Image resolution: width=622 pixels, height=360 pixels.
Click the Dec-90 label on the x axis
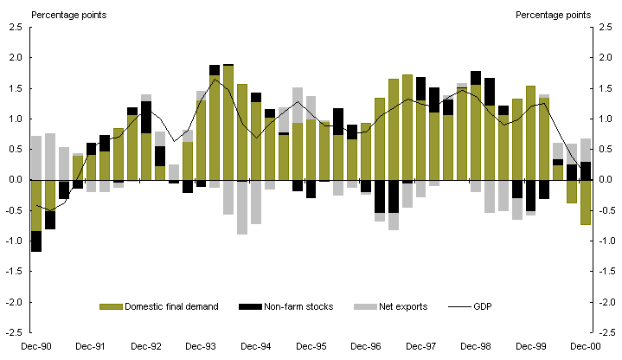(36, 346)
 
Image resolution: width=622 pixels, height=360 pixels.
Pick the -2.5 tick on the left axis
(15, 332)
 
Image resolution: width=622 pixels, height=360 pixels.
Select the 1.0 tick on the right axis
(606, 119)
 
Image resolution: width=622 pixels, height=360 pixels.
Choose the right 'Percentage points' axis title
(554, 14)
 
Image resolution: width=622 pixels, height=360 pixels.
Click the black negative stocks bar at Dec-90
(36, 241)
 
